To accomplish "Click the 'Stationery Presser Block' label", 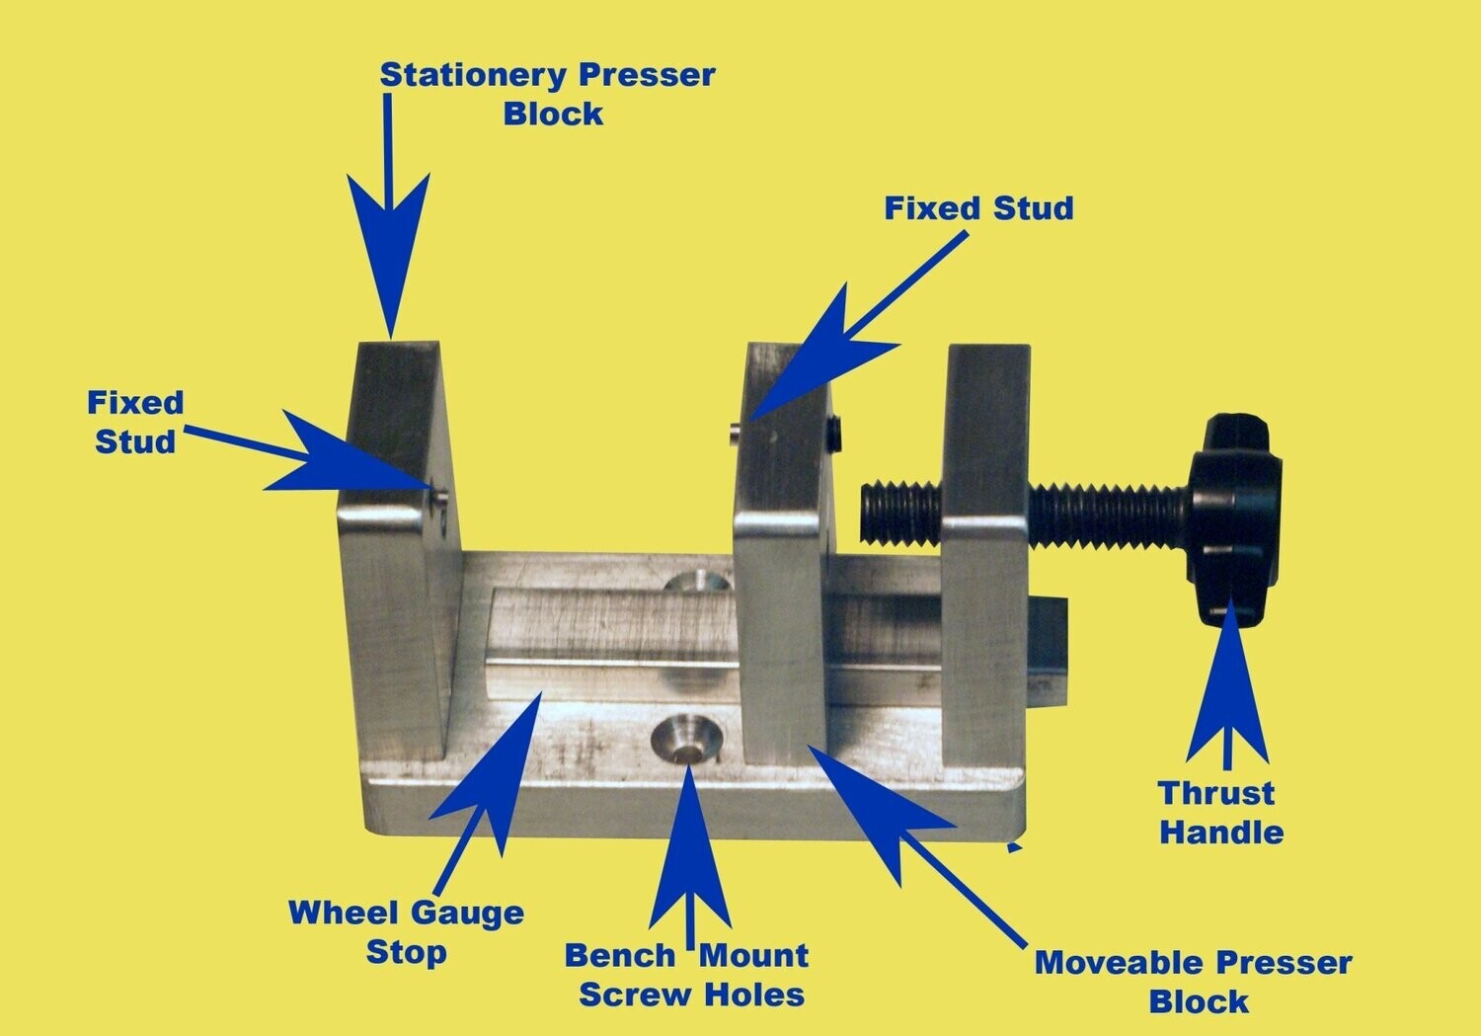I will pos(547,94).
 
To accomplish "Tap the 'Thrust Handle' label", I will pos(1221,812).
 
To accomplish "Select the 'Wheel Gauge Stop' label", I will pos(406,931).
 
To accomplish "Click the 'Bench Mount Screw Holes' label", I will pos(688,975).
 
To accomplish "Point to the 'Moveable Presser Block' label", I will pos(1194,981).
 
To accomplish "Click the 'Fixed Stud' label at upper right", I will pos(977,208).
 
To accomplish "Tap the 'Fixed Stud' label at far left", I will pos(135,422).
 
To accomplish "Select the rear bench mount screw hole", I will pos(695,582).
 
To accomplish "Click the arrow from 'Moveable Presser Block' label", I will pos(879,810).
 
